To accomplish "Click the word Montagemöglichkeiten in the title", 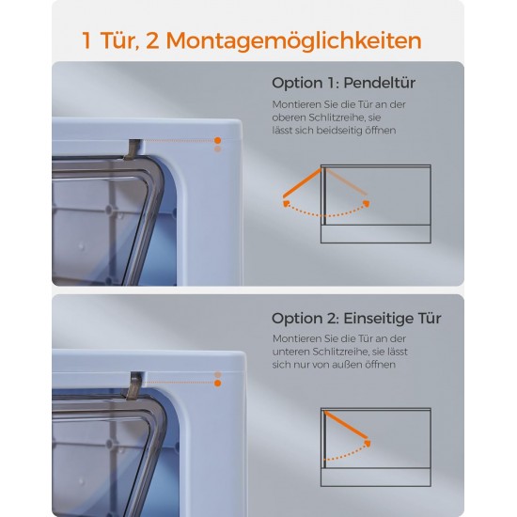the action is pyautogui.click(x=294, y=41).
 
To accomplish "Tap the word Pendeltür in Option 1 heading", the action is pyautogui.click(x=379, y=83).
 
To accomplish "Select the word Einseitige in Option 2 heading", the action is pyautogui.click(x=379, y=318).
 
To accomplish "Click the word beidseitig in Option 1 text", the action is pyautogui.click(x=339, y=131).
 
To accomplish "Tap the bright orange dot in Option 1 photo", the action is pyautogui.click(x=218, y=140).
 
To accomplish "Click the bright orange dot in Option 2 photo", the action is pyautogui.click(x=218, y=384).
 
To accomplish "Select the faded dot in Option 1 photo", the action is pyautogui.click(x=218, y=149).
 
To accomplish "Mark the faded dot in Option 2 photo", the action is pyautogui.click(x=218, y=374).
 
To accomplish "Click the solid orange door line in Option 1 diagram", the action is pyautogui.click(x=302, y=183).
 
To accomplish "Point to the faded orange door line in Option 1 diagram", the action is pyautogui.click(x=346, y=181).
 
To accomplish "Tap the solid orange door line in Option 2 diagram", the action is pyautogui.click(x=346, y=425).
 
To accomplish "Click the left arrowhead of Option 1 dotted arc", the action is pyautogui.click(x=286, y=203).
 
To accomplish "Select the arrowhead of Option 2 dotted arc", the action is pyautogui.click(x=368, y=443).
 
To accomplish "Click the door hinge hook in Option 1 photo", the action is pyautogui.click(x=133, y=149).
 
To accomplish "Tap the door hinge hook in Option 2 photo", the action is pyautogui.click(x=134, y=385).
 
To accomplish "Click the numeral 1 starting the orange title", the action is pyautogui.click(x=86, y=40).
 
